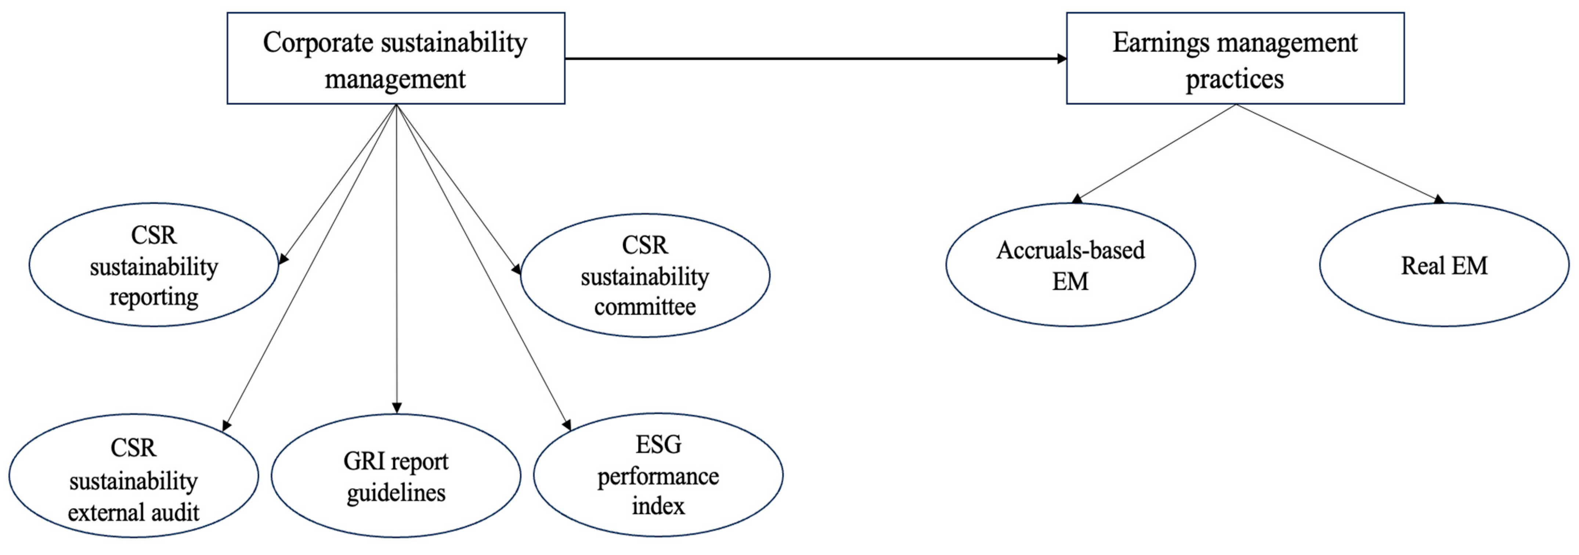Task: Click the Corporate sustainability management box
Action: (x=395, y=58)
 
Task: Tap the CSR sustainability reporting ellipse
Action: (x=153, y=265)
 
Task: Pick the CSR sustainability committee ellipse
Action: (x=645, y=275)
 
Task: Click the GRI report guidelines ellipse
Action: (x=396, y=476)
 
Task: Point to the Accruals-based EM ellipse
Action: (x=1070, y=265)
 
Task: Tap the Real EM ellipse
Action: (x=1444, y=265)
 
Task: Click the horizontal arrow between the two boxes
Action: (x=815, y=59)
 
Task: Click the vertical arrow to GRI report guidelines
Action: (x=397, y=257)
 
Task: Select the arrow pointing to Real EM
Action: (x=1336, y=153)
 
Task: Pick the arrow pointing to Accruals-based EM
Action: (x=1156, y=153)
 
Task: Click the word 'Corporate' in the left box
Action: (x=318, y=43)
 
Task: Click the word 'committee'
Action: (x=645, y=306)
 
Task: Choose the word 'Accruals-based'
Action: (x=1070, y=250)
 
